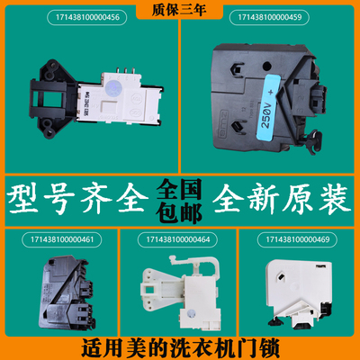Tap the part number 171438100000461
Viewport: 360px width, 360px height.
click(x=58, y=240)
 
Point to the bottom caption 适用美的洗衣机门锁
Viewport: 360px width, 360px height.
click(x=180, y=346)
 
